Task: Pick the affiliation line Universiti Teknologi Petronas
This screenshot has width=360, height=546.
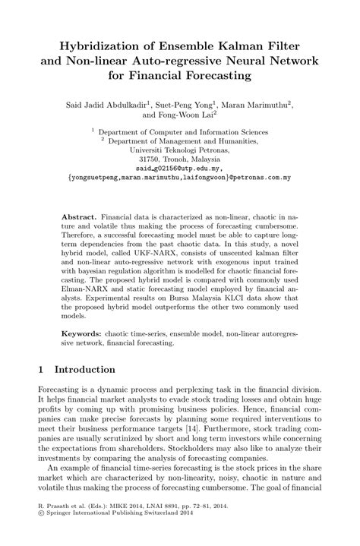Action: click(180, 150)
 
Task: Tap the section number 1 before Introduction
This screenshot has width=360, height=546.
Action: click(41, 370)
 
